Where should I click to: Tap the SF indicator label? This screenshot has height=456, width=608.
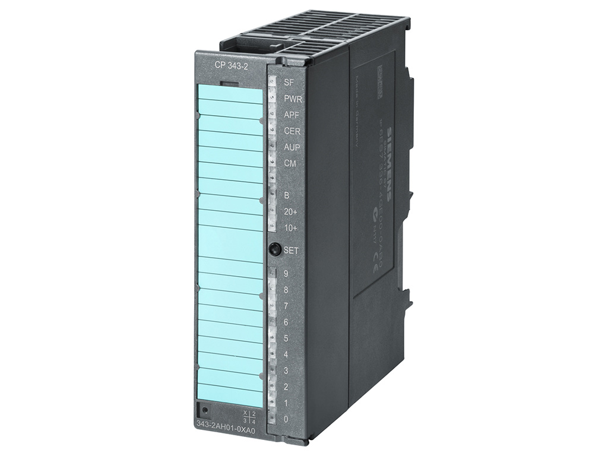pyautogui.click(x=289, y=83)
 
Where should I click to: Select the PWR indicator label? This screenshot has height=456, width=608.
pyautogui.click(x=293, y=99)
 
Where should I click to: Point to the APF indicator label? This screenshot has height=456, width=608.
pyautogui.click(x=292, y=115)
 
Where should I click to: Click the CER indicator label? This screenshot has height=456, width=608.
pyautogui.click(x=292, y=131)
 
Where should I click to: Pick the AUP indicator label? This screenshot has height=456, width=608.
pyautogui.click(x=292, y=147)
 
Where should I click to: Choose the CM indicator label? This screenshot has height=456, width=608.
pyautogui.click(x=290, y=163)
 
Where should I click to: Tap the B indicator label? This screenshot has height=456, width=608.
pyautogui.click(x=286, y=195)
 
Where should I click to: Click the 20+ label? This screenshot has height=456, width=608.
pyautogui.click(x=290, y=211)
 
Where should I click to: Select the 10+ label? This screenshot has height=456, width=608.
pyautogui.click(x=290, y=227)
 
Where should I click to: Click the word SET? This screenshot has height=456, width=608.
pyautogui.click(x=291, y=251)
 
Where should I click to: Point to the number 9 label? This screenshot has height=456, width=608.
pyautogui.click(x=286, y=274)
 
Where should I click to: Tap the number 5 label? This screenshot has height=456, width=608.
pyautogui.click(x=286, y=338)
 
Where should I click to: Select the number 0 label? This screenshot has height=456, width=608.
pyautogui.click(x=286, y=419)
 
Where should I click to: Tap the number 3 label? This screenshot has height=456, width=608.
pyautogui.click(x=286, y=370)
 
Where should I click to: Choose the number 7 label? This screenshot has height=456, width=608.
pyautogui.click(x=286, y=306)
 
